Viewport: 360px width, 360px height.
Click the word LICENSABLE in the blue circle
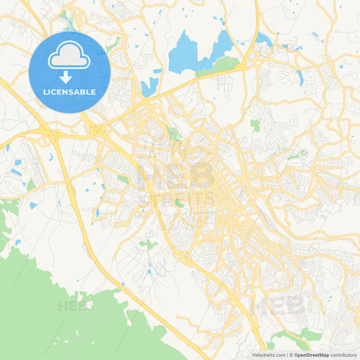click(x=70, y=92)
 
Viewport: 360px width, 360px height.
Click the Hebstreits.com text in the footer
click(x=269, y=355)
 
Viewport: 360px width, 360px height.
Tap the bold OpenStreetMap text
click(x=311, y=355)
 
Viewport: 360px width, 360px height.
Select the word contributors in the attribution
click(x=343, y=355)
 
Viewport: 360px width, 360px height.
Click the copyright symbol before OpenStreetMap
click(x=290, y=355)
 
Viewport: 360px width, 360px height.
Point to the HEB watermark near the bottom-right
click(x=277, y=305)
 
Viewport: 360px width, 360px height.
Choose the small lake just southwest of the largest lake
click(x=149, y=86)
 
